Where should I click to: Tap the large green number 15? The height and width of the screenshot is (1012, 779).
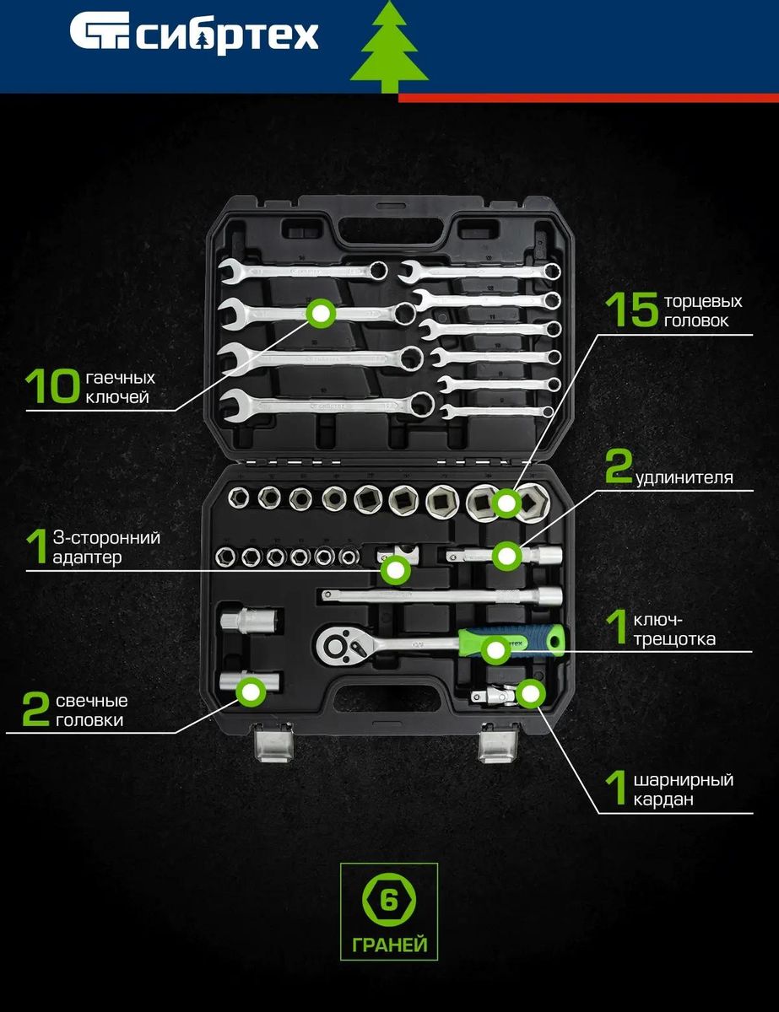tap(632, 310)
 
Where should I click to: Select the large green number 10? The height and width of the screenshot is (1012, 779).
tap(51, 385)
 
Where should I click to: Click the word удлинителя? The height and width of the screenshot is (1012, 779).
tap(684, 478)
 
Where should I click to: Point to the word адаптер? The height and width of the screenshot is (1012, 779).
tap(87, 557)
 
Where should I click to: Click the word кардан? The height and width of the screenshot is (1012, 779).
tap(663, 799)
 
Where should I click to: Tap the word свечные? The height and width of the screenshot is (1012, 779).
tap(91, 701)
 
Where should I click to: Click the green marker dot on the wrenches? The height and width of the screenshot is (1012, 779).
tap(321, 314)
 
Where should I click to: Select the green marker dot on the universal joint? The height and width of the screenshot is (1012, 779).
tap(531, 694)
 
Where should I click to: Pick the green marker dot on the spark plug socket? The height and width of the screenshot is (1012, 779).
tap(251, 692)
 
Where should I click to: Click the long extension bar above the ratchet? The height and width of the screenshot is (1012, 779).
tap(441, 595)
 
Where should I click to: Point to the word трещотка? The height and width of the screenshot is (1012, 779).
tap(674, 639)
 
